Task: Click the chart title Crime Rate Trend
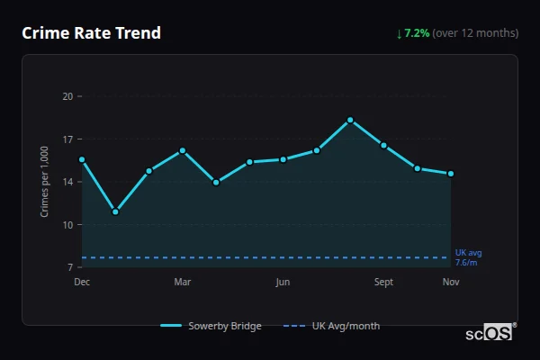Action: [x=92, y=33]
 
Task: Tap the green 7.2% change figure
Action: [x=418, y=33]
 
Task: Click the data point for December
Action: [x=82, y=159]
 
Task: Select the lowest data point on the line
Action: [x=115, y=211]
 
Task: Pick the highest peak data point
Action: [x=350, y=120]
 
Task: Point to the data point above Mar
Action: [x=183, y=150]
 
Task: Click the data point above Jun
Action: [x=283, y=159]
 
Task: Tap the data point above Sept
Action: [x=384, y=145]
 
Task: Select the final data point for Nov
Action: [x=451, y=174]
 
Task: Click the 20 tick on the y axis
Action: [x=67, y=96]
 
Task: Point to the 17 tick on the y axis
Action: [x=67, y=139]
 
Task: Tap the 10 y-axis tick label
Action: [x=67, y=224]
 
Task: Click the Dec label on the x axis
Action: [x=82, y=282]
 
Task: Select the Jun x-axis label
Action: [x=283, y=282]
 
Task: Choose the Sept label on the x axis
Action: [x=384, y=282]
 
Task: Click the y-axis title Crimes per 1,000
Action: [x=44, y=181]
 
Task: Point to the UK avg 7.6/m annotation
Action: [x=468, y=257]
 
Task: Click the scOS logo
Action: [x=490, y=333]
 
